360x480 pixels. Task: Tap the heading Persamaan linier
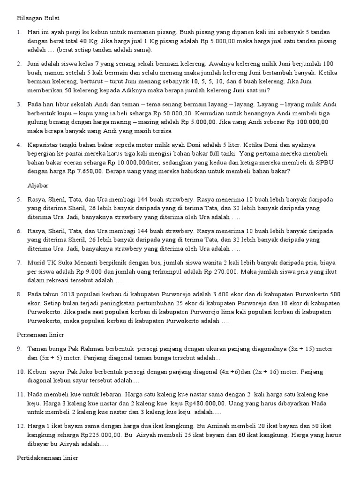[40, 336]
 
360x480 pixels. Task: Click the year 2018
[69, 294]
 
